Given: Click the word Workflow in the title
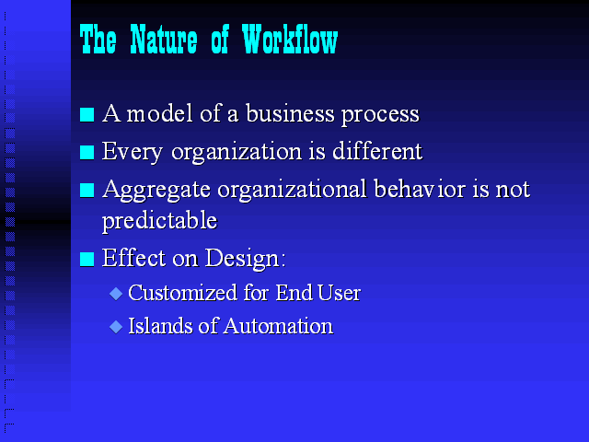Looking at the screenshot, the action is tap(290, 39).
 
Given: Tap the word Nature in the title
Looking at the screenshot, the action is tap(164, 39).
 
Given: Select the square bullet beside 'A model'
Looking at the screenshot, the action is tap(87, 114).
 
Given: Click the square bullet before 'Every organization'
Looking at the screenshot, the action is tap(87, 152).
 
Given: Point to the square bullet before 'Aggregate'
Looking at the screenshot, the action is tap(87, 190).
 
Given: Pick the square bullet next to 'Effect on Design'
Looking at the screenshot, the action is tap(87, 259).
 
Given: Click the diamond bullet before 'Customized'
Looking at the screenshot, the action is tap(116, 294).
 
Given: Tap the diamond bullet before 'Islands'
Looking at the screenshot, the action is tap(116, 327).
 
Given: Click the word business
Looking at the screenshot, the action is tap(290, 113).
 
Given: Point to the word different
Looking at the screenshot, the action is tap(377, 151).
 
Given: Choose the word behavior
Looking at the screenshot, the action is tap(420, 189).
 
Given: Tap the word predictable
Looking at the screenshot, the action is tap(159, 220).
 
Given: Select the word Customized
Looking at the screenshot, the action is tap(182, 293).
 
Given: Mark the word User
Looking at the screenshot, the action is tap(339, 293).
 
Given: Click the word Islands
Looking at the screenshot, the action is tap(160, 325).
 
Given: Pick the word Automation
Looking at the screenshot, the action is tap(278, 326).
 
